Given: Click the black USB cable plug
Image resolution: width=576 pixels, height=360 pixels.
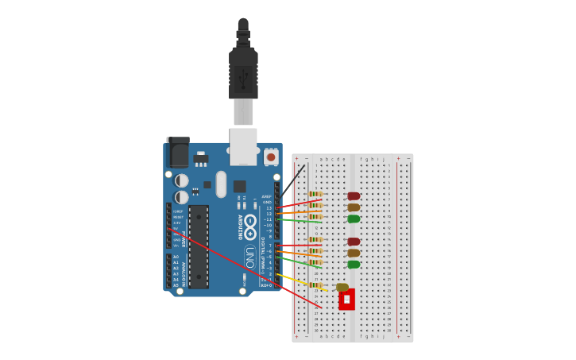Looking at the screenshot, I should [x=243, y=72].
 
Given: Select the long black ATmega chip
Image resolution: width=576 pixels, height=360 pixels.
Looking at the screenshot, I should [x=198, y=246].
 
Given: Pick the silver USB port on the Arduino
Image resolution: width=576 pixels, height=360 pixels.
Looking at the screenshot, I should [x=243, y=146].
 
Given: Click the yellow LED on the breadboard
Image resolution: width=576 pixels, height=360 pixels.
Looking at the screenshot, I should [x=342, y=287].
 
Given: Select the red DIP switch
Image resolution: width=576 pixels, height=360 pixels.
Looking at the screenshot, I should [x=346, y=299].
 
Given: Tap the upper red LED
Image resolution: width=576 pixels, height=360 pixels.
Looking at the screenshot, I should [x=354, y=195].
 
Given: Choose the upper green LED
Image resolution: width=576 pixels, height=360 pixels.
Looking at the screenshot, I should [x=354, y=219].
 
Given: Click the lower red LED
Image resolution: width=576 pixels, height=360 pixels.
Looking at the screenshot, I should [x=354, y=242].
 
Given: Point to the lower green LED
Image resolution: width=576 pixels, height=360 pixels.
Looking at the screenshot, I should [x=354, y=265].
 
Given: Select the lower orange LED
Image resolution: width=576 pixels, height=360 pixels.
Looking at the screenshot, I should [x=354, y=253].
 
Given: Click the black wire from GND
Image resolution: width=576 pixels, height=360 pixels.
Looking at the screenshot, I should [x=292, y=183].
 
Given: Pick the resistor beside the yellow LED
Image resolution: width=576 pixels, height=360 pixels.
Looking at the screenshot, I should [x=315, y=285].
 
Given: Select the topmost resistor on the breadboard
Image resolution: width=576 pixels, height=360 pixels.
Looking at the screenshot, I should [x=315, y=194].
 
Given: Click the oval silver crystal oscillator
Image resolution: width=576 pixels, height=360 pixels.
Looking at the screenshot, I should [x=221, y=184].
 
